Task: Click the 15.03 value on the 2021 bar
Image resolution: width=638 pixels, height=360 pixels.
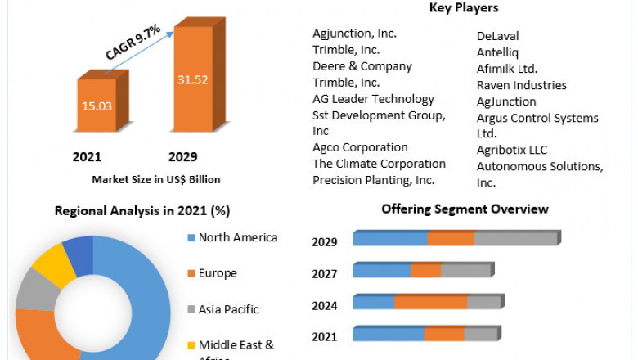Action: tap(96, 106)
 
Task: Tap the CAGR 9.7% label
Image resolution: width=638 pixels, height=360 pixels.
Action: tap(136, 43)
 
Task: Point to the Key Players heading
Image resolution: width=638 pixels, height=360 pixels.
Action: tap(464, 8)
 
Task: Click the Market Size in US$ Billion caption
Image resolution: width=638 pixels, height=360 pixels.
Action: tap(155, 179)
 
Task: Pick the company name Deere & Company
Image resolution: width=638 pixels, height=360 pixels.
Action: tap(362, 66)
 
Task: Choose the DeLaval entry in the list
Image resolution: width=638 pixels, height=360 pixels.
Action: tap(497, 36)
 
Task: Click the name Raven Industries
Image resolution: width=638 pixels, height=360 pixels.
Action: tap(521, 85)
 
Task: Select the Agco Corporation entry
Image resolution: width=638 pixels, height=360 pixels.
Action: tap(360, 147)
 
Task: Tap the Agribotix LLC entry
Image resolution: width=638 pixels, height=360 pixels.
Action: tap(512, 150)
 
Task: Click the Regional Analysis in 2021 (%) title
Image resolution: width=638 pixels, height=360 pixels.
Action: tap(142, 210)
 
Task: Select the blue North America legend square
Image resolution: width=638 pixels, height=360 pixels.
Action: tap(191, 238)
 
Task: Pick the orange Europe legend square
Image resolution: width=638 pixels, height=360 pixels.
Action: tap(191, 273)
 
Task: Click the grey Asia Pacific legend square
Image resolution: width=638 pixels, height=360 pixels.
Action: tap(191, 309)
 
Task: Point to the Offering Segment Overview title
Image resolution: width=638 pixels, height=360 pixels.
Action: tap(465, 209)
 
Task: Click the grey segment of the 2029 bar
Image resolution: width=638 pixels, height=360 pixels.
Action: tap(515, 239)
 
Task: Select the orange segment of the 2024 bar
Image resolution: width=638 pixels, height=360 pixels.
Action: tap(431, 303)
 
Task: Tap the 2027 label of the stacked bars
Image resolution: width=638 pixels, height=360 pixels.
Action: tap(324, 273)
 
